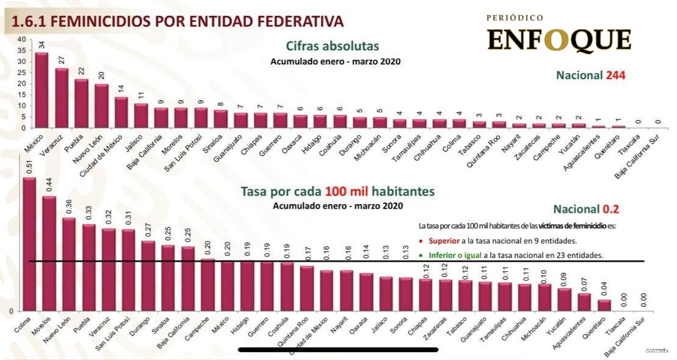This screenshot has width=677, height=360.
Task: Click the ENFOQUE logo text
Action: (x=558, y=41)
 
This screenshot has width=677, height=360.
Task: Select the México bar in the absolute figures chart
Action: (x=41, y=90)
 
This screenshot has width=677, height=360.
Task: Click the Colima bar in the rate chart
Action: (x=29, y=244)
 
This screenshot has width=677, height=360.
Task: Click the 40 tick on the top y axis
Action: (x=22, y=40)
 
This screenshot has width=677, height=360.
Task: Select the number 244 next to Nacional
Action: (x=615, y=76)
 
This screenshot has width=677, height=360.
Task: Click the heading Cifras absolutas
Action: (x=332, y=46)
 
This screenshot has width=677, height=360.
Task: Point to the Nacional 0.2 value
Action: (x=610, y=209)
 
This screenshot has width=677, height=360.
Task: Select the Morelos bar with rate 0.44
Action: (x=49, y=253)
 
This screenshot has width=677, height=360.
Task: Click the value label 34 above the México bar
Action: (x=41, y=44)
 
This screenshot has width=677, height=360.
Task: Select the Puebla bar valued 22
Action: (x=82, y=103)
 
